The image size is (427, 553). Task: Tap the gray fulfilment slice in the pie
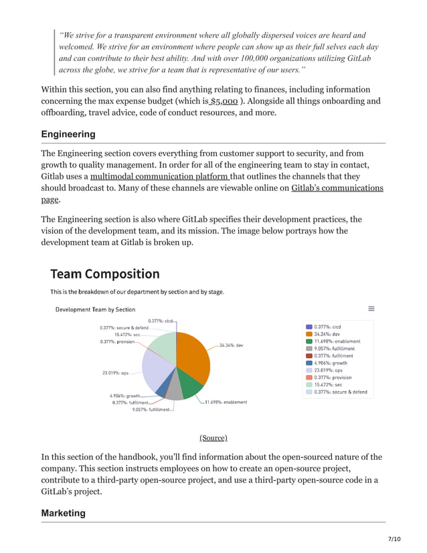(173, 391)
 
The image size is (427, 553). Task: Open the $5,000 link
(224, 101)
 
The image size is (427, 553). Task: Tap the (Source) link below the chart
(213, 437)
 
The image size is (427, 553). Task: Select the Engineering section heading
(68, 135)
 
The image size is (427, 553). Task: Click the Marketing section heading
(64, 513)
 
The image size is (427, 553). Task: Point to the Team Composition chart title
(104, 274)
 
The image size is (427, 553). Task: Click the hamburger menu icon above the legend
(371, 309)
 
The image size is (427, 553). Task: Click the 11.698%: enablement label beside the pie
(226, 402)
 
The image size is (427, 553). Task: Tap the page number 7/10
(394, 538)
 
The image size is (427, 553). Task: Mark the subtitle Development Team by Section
(95, 309)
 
